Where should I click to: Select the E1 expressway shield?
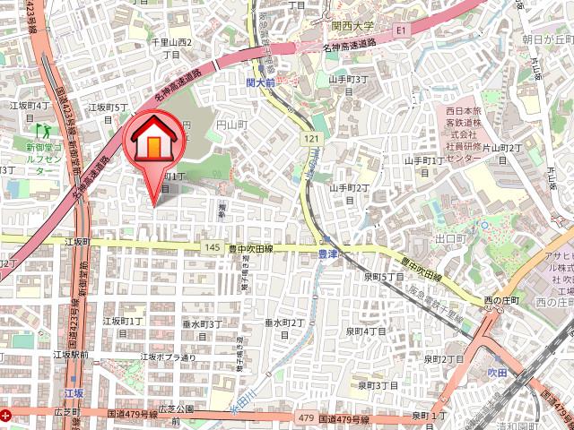(401, 30)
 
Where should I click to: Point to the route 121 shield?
(310, 139)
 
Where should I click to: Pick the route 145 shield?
(212, 247)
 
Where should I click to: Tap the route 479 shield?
(306, 417)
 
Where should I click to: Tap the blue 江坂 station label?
(74, 392)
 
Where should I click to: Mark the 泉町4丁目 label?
(365, 331)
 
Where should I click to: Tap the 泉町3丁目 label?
(377, 385)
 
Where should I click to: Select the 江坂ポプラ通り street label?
(168, 357)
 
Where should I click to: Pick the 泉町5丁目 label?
(384, 277)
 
